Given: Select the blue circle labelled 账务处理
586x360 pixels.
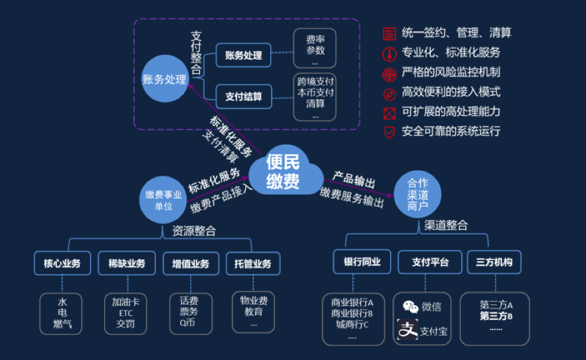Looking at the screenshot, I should coord(164,79).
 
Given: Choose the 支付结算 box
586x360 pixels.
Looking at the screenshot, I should coord(243,96).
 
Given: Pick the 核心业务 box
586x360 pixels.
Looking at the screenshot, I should coord(62,263).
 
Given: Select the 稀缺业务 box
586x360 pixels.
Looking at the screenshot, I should coord(127,263).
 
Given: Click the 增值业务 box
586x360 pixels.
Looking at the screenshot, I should coord(190,263).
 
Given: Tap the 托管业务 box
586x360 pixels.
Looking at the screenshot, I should coord(253,263).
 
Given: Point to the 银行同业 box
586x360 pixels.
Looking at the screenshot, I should coord(362,262).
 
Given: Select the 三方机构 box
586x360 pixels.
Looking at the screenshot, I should coord(494,262).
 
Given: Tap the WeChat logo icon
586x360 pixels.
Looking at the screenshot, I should coord(411,306).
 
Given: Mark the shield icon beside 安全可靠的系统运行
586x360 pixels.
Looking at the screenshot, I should coord(389,132).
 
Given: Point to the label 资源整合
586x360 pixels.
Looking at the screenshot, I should coord(194,231).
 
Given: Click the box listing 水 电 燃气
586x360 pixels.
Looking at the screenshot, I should coord(62,313).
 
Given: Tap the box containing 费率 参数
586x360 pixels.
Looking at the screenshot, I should coord(316,46).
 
